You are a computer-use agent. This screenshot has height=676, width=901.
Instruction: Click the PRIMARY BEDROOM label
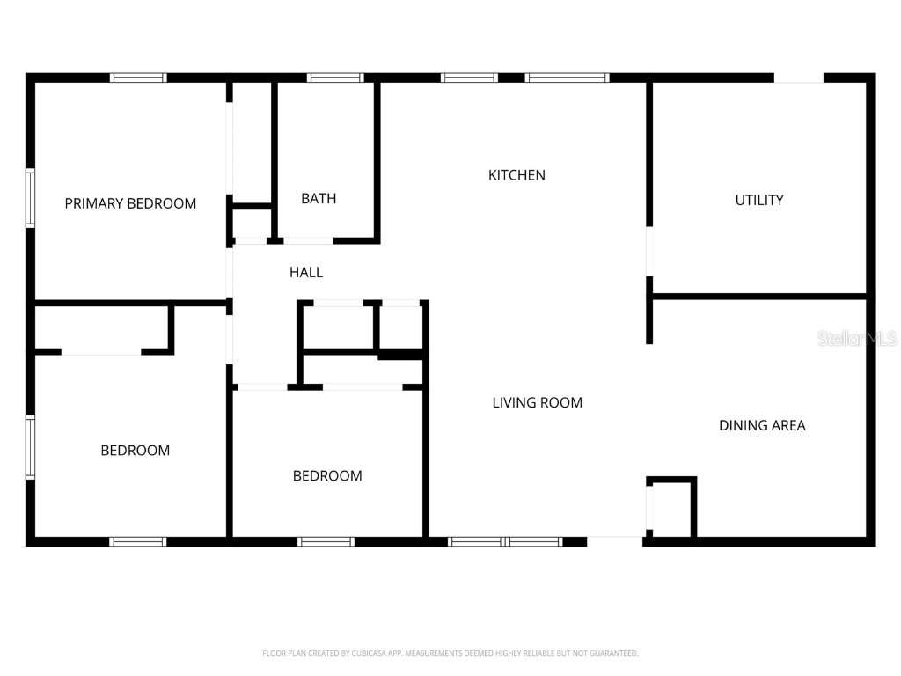[x=130, y=203]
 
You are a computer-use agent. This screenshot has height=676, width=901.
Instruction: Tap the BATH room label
[x=319, y=198]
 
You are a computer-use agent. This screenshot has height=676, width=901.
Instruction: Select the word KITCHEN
[x=516, y=175]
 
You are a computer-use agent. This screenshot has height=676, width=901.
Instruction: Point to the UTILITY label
[x=759, y=200]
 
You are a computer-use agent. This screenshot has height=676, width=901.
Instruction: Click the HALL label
[x=306, y=272]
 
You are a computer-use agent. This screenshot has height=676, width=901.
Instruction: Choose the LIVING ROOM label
[x=537, y=402]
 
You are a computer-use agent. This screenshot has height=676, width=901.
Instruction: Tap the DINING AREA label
[x=762, y=425]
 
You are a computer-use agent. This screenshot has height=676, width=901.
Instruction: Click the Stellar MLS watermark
[x=857, y=338]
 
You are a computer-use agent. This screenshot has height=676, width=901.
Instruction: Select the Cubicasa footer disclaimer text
[x=450, y=653]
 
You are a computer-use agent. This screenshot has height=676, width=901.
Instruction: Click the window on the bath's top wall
[x=335, y=77]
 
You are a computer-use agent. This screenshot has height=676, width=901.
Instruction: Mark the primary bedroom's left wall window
[x=30, y=198]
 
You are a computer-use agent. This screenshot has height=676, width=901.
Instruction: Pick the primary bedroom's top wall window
[x=138, y=77]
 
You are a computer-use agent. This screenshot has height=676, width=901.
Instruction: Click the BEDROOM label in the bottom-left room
[x=135, y=451]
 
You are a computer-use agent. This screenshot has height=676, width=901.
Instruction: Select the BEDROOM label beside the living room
[x=327, y=476]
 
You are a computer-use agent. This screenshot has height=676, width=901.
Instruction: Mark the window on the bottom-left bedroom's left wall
[x=30, y=447]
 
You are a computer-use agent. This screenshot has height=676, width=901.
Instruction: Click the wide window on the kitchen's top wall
[x=567, y=77]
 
